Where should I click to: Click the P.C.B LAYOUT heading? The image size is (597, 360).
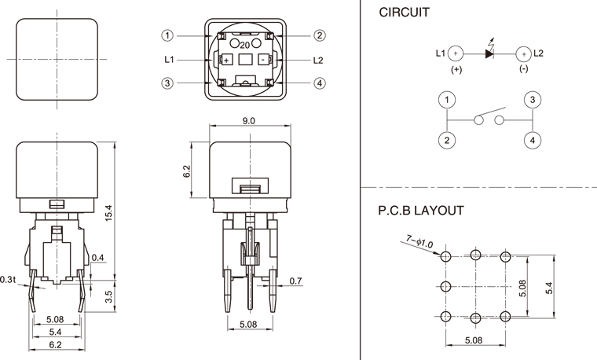(x=421, y=211)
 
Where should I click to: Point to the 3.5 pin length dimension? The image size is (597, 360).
(x=109, y=296)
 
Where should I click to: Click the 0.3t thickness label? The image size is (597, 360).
(x=9, y=280)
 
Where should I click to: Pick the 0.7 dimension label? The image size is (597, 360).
(x=295, y=281)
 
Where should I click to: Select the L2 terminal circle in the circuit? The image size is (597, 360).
(x=522, y=54)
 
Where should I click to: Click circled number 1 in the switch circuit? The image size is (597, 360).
(x=447, y=100)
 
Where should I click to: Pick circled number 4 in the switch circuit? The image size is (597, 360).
(x=533, y=140)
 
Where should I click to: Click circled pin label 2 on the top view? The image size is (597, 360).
(x=320, y=35)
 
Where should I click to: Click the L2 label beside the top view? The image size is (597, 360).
(x=317, y=60)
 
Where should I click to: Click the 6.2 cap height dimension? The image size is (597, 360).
(x=187, y=171)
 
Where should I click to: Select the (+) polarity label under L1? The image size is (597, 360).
(x=456, y=69)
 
